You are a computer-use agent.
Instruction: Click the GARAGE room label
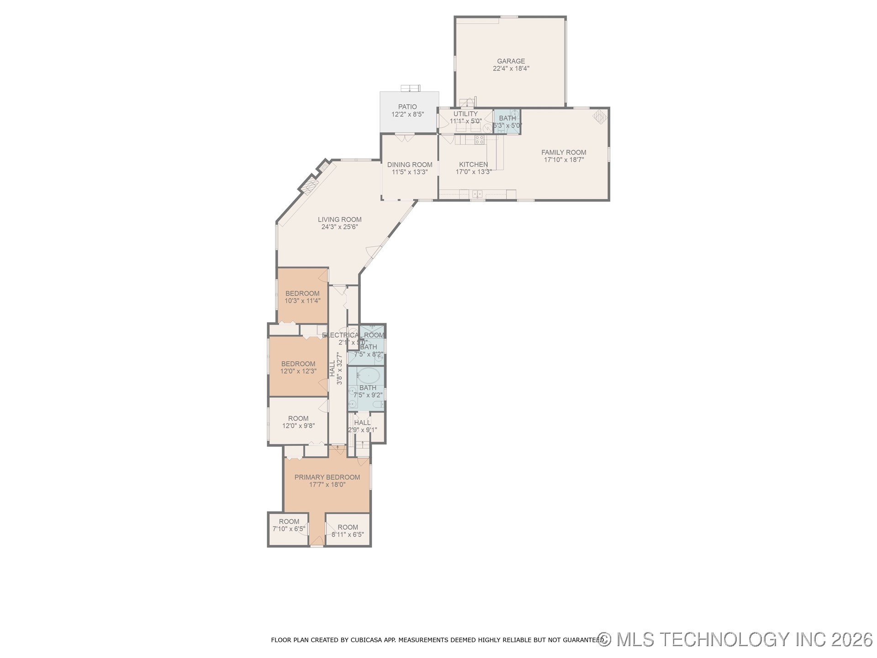pos(511,61)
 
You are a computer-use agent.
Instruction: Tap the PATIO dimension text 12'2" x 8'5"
pos(407,115)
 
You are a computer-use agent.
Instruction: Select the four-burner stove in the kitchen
pos(479,139)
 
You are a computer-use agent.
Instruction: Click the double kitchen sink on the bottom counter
pos(477,194)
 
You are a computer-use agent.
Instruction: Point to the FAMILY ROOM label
pos(564,153)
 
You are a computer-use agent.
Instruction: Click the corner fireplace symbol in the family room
pos(600,116)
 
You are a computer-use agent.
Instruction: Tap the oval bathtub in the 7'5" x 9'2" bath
pos(368,376)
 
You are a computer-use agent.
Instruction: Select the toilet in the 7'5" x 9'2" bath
pos(378,405)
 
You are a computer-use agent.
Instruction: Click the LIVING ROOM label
pos(339,220)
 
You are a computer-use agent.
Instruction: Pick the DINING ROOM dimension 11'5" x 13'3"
pos(409,172)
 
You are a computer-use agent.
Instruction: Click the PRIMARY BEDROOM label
pos(327,477)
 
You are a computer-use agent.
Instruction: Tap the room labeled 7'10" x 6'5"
pos(289,529)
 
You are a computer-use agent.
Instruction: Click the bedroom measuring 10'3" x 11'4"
pos(302,297)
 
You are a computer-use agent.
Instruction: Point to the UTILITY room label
pos(465,114)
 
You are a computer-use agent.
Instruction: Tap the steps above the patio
pos(410,88)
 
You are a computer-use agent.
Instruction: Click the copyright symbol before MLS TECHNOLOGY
pos(605,639)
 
